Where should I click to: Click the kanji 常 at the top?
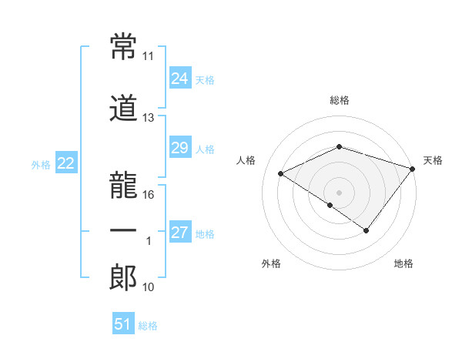[x=123, y=49]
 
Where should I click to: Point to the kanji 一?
[x=123, y=231]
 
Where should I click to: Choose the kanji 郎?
[x=123, y=278]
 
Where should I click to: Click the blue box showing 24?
[x=180, y=78]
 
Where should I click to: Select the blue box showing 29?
[x=180, y=148]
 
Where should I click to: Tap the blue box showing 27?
[x=180, y=233]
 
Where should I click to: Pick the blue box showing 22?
[x=66, y=163]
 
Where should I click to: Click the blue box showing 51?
[x=123, y=324]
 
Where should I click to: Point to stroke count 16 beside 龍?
[x=149, y=194]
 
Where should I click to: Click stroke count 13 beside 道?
[x=149, y=118]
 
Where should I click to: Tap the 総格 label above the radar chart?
[x=340, y=100]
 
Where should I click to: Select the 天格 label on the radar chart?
[x=433, y=160]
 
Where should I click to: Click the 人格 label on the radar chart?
[x=246, y=160]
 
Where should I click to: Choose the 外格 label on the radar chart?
[x=270, y=264]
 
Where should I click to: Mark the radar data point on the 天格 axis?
[x=413, y=168]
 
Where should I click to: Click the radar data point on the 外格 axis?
[x=330, y=205]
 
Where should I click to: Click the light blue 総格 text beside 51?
[x=148, y=326]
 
